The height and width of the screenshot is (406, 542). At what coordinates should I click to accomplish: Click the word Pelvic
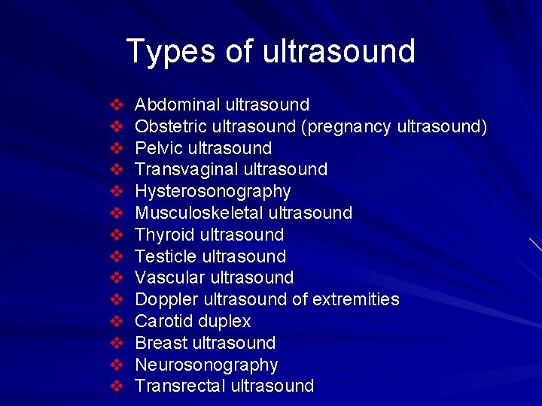click(x=160, y=148)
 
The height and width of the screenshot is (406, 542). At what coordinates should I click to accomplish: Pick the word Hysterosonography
click(x=212, y=191)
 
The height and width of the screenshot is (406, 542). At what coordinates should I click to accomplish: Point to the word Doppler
click(x=164, y=299)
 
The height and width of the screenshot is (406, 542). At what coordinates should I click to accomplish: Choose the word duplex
click(x=224, y=322)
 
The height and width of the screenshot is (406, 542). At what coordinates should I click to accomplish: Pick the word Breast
click(x=160, y=343)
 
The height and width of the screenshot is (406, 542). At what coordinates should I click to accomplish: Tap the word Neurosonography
click(x=206, y=365)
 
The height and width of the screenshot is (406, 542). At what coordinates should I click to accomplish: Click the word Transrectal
click(x=179, y=386)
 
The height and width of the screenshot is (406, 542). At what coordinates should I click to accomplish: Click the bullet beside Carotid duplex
click(x=117, y=321)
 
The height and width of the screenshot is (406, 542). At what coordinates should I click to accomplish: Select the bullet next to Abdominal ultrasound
click(x=117, y=105)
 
